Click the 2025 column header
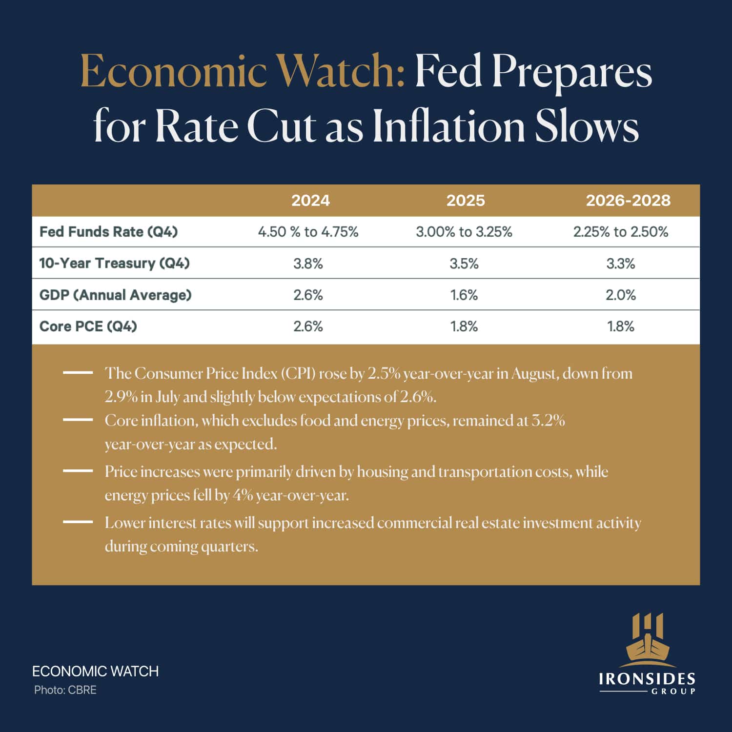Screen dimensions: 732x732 pos(466,201)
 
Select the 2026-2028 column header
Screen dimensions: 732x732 pos(628,201)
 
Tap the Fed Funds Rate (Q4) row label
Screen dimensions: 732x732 pos(108,232)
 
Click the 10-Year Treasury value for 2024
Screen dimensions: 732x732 pos(308,264)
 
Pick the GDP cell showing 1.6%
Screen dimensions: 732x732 pos(464,295)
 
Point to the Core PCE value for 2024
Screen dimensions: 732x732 pos(308,326)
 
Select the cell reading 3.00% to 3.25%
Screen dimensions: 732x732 pos(464,232)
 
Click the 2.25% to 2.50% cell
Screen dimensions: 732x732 pos(620,232)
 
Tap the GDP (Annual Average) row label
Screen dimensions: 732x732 pos(115,295)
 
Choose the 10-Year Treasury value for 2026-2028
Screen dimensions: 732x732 pos(620,264)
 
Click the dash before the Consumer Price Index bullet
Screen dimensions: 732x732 pos(78,372)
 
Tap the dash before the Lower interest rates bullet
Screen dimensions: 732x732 pos(78,522)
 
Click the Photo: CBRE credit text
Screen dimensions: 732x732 pos(65,690)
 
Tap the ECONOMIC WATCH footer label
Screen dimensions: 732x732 pos(95,671)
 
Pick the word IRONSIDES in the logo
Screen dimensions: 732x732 pos(647,679)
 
